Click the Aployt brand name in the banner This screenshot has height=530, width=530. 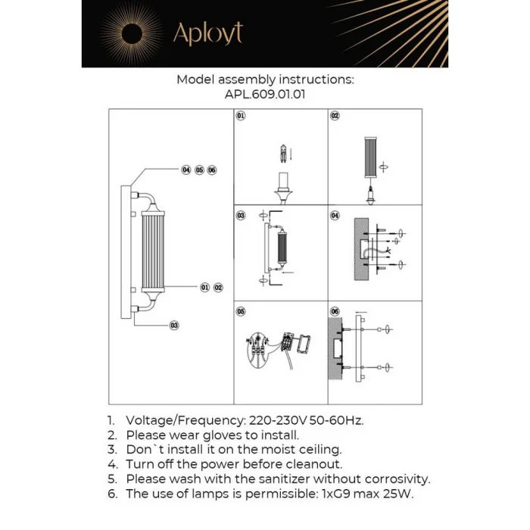207,33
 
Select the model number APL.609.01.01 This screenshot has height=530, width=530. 264,95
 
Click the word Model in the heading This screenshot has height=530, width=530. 195,79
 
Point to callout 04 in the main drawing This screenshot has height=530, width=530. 185,170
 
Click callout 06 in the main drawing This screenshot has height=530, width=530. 212,170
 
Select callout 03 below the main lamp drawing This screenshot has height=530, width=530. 174,325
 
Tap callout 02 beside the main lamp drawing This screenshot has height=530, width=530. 218,288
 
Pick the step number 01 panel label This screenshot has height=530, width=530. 241,117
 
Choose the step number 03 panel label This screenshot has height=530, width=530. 241,215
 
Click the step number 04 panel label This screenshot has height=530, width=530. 335,215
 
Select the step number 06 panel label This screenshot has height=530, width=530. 335,311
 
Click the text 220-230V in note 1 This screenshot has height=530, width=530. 277,419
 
